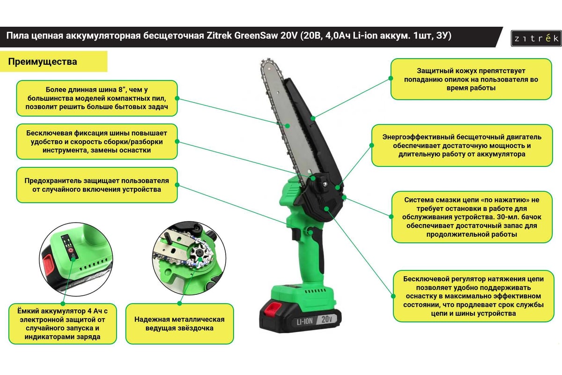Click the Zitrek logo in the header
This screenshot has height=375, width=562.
point(536,38)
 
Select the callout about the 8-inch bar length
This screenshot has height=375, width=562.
point(97,98)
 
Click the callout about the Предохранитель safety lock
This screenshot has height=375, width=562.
point(97,185)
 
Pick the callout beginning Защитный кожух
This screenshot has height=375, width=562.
point(471,79)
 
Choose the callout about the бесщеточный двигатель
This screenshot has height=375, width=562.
point(462,145)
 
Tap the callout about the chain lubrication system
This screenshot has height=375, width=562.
point(472,217)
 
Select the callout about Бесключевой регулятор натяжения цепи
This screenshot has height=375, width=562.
point(473,296)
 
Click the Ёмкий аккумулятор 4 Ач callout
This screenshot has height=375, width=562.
point(62,324)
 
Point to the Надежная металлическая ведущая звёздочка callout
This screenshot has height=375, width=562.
point(179,324)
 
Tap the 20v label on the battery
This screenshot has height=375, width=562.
point(327,319)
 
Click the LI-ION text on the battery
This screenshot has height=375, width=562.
point(304,322)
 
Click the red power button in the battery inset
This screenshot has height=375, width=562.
point(71,250)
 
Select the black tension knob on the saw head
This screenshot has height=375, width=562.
point(322,185)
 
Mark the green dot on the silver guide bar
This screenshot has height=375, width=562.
point(288,126)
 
